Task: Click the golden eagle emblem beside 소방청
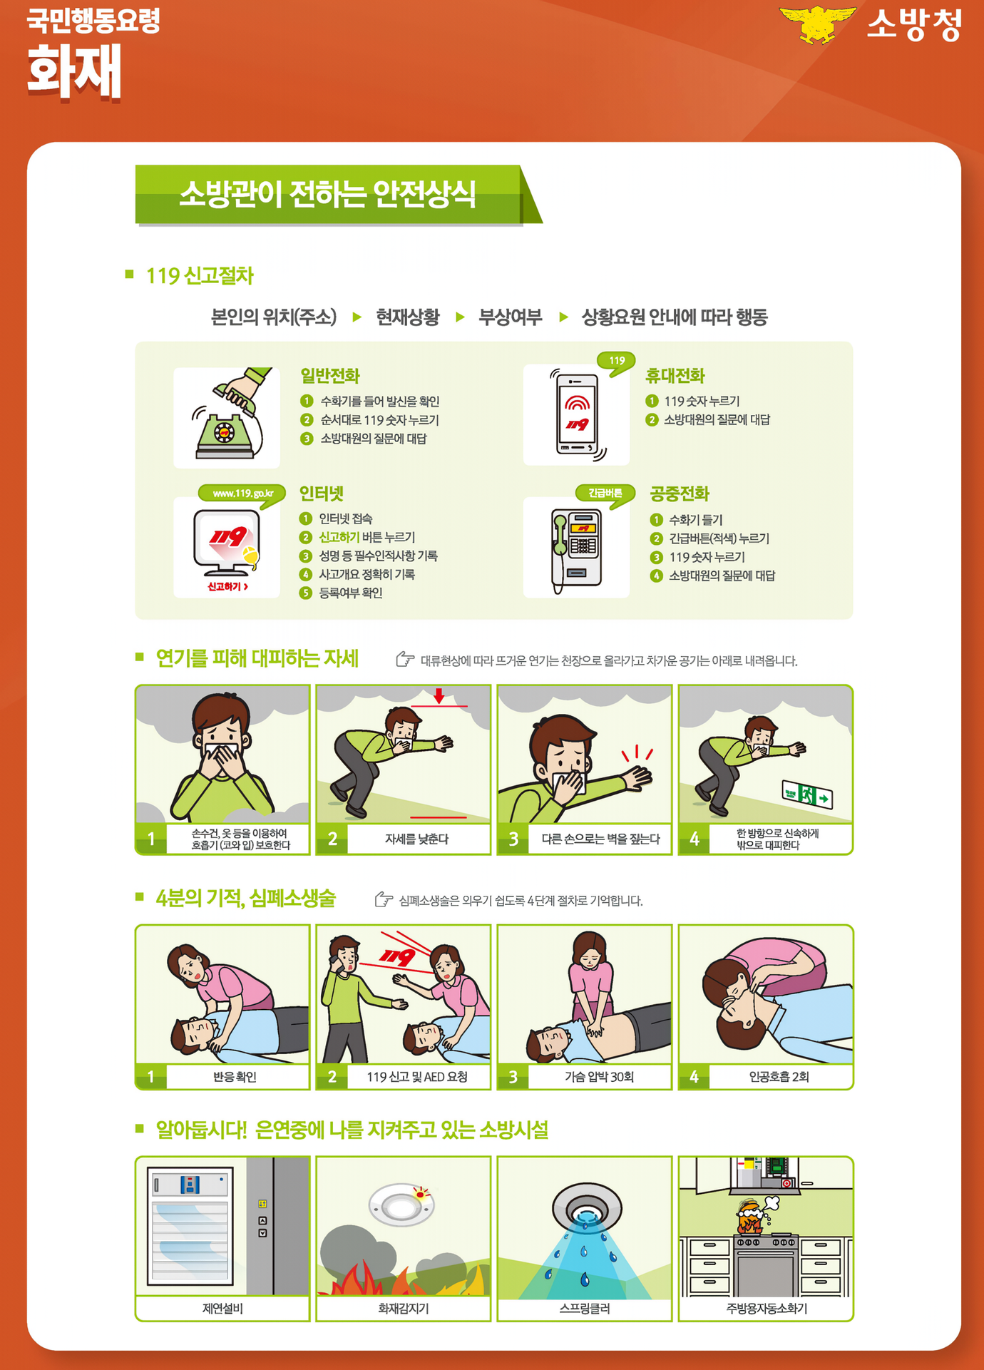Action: tap(817, 24)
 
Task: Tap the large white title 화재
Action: tap(75, 71)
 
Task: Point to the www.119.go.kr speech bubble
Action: tap(242, 494)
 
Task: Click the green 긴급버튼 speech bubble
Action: tap(605, 494)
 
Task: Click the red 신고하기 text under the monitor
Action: tap(227, 587)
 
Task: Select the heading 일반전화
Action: tap(329, 376)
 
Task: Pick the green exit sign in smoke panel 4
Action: tap(807, 794)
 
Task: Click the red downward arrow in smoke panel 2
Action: tap(439, 696)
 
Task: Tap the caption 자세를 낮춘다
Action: tap(417, 839)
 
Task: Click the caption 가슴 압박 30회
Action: tap(599, 1077)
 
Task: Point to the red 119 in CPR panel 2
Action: tap(397, 956)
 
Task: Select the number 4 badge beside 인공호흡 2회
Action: tap(694, 1077)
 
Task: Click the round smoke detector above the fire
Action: tap(401, 1206)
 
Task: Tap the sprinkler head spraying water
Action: tap(587, 1210)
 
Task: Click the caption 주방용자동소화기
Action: tap(767, 1309)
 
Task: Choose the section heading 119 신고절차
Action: tap(200, 276)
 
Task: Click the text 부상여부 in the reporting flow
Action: tap(510, 317)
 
